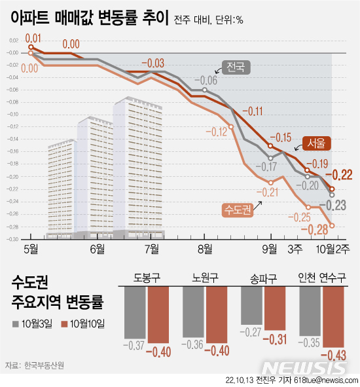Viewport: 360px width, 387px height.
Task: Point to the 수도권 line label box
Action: (x=237, y=210)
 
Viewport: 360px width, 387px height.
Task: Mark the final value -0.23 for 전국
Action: (x=340, y=204)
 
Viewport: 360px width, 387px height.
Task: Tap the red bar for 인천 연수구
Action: (x=336, y=318)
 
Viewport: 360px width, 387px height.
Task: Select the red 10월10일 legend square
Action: (x=64, y=323)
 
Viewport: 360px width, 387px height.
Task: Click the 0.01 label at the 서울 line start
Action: (x=33, y=38)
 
